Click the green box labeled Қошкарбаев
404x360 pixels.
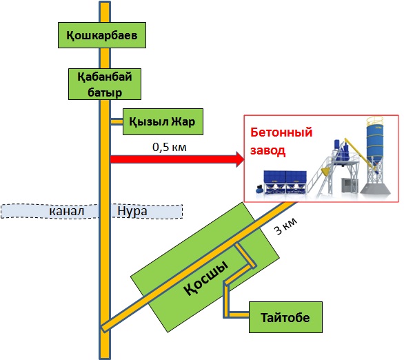click(x=102, y=35)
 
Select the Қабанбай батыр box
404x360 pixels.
click(x=105, y=84)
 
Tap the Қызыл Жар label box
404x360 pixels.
click(x=163, y=121)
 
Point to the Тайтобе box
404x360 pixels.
click(x=285, y=317)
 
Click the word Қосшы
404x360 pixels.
click(x=206, y=279)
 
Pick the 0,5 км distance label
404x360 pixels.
click(x=170, y=147)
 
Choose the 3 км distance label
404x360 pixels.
click(x=286, y=226)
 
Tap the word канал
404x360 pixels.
click(x=66, y=211)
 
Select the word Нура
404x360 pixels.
click(x=132, y=211)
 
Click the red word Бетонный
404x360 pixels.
click(x=281, y=132)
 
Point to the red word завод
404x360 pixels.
click(x=267, y=150)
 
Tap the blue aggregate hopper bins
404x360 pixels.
click(x=285, y=181)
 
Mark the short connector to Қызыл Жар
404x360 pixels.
click(x=117, y=121)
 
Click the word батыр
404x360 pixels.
click(x=105, y=92)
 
